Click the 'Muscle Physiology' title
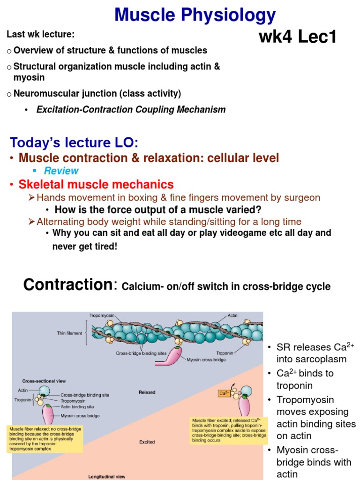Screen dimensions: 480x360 click(195, 15)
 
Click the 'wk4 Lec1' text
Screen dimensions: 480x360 click(298, 37)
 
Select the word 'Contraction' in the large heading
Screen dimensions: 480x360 click(66, 285)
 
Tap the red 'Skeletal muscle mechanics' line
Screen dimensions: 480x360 click(96, 184)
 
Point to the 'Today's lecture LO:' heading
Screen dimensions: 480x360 click(74, 142)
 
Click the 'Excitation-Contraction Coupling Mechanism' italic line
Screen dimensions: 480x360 click(131, 110)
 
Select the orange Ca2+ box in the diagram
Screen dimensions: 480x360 click(224, 394)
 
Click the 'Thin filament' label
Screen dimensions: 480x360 click(69, 333)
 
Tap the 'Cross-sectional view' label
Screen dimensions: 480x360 click(41, 381)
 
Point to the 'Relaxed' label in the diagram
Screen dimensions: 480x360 click(147, 392)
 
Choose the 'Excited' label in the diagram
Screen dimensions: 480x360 click(147, 442)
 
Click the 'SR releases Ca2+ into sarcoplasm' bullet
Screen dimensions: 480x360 click(312, 353)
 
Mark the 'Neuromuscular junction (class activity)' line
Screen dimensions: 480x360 click(97, 93)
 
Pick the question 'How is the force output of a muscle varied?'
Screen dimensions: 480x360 click(158, 210)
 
